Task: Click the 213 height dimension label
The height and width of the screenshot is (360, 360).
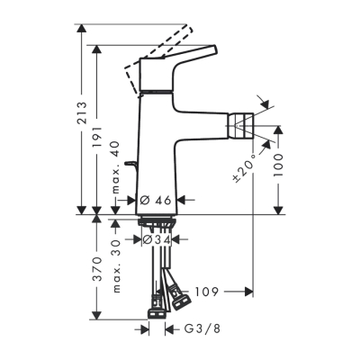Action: pos(82,112)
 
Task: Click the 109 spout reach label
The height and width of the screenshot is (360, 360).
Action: pos(207,292)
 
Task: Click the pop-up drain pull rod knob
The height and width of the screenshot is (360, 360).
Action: pos(129,163)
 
